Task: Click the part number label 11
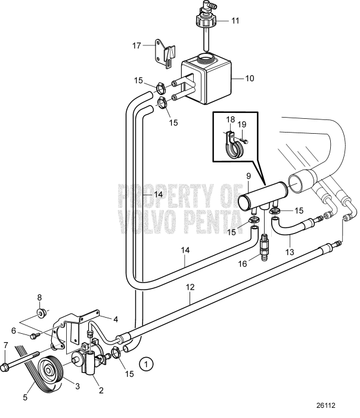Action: [235, 20]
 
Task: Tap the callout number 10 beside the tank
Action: [250, 78]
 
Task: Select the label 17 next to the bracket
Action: [136, 45]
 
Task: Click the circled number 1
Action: [146, 364]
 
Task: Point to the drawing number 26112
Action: [326, 405]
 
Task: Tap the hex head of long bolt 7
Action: [5, 368]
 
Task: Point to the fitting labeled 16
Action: [264, 247]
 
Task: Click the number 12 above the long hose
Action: [190, 287]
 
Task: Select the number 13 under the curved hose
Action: [290, 251]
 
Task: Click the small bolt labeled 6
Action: [35, 336]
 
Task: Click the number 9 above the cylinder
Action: [249, 176]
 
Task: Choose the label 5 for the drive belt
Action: [25, 397]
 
